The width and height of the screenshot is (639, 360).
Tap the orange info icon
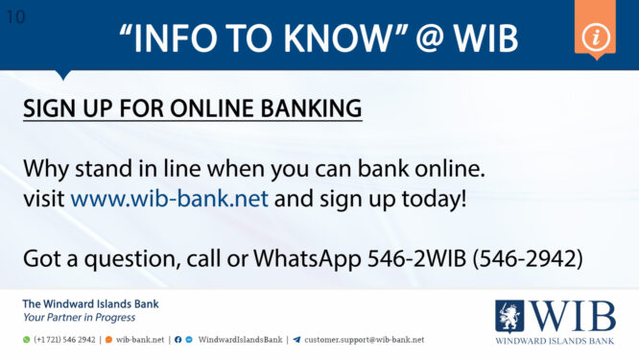point(595,36)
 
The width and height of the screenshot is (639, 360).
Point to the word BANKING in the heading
point(304,108)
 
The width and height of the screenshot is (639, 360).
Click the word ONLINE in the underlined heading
point(198,108)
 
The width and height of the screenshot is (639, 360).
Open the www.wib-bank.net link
point(170,201)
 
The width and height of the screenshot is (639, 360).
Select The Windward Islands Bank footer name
point(90,304)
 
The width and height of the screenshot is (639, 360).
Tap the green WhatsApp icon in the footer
point(27,340)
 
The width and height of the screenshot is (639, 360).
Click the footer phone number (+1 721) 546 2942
point(64,340)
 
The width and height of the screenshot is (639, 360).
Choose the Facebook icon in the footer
point(178,340)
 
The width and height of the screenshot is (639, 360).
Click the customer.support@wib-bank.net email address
point(364,340)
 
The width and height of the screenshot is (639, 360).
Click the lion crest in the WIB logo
point(509,316)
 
